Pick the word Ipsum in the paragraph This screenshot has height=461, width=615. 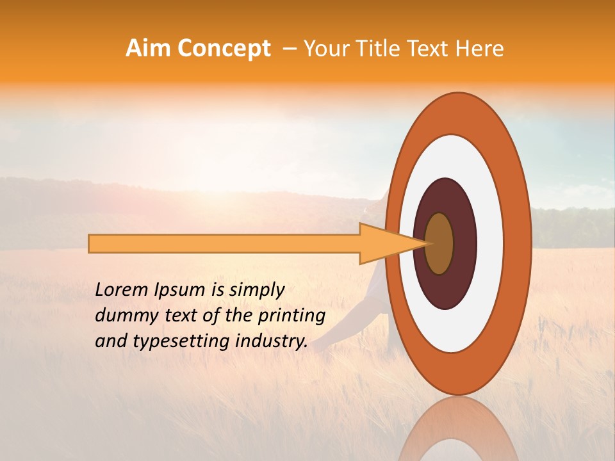click(x=180, y=290)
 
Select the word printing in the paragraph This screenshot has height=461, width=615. click(x=291, y=316)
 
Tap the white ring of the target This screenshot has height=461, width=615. click(x=490, y=244)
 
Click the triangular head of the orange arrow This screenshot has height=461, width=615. click(x=384, y=244)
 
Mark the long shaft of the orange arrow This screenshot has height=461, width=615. click(x=224, y=244)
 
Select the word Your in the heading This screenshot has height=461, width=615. click(x=324, y=49)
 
